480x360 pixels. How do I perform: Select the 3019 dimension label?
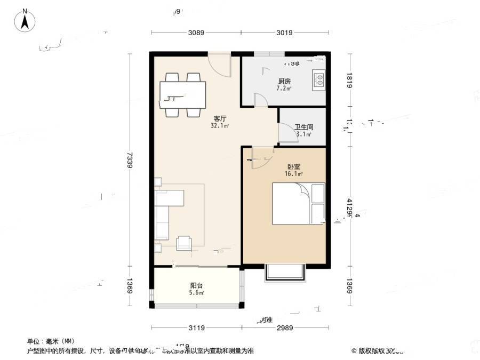(x=284, y=33)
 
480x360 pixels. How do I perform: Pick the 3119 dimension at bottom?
(x=196, y=327)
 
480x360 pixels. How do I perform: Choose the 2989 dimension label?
(x=284, y=327)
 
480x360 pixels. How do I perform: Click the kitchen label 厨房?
(x=284, y=82)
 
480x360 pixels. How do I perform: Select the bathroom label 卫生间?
(x=303, y=127)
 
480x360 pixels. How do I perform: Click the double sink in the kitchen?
(x=319, y=79)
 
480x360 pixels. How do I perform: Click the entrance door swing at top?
(x=220, y=64)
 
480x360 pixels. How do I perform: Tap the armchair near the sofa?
(x=184, y=243)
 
